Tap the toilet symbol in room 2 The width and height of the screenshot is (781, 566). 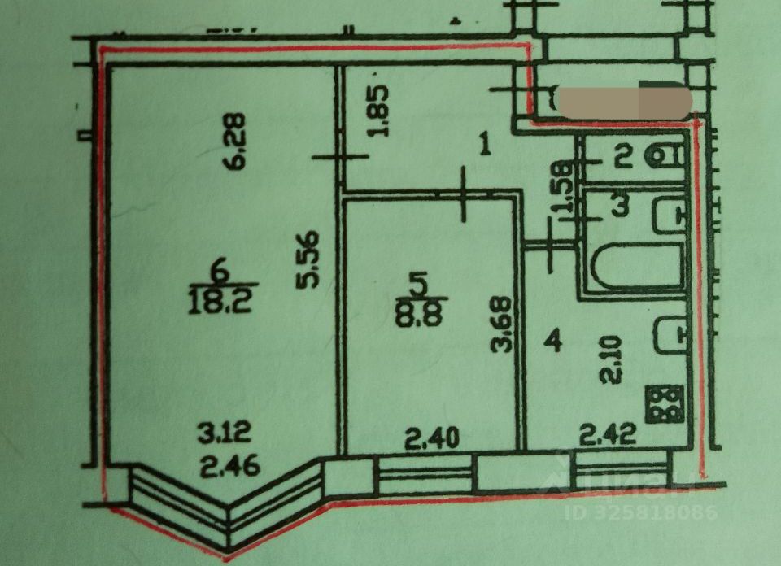667,157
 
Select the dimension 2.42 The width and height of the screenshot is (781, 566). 608,437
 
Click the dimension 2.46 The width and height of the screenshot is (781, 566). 223,466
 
